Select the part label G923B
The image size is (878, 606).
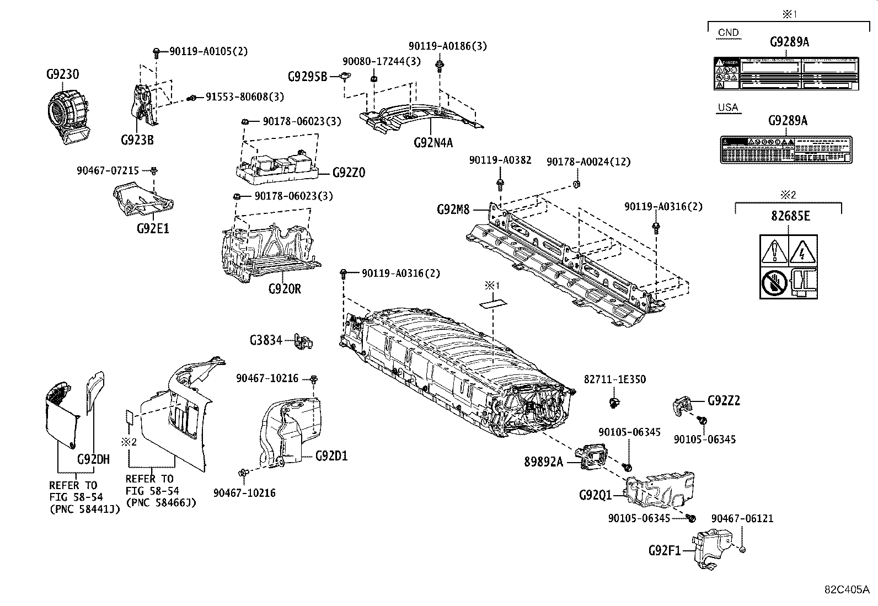(137, 140)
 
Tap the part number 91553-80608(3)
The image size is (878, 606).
(244, 97)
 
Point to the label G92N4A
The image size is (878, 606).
(433, 143)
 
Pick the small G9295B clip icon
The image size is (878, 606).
(346, 77)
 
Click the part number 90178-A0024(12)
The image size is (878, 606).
(588, 162)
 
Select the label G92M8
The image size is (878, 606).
(453, 210)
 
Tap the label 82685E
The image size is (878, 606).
(790, 216)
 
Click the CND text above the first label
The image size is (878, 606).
(728, 33)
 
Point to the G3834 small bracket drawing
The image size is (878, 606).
(303, 341)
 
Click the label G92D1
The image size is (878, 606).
(331, 456)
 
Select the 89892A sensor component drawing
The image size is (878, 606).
(590, 456)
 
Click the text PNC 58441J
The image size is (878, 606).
(84, 509)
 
